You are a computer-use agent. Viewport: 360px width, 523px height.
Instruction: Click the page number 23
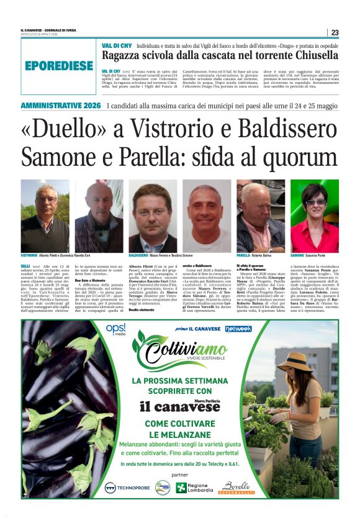coord(335,32)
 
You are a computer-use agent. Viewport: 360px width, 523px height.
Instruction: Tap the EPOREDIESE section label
coord(60,65)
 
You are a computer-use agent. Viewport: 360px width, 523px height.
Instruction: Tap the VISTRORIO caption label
coord(29,255)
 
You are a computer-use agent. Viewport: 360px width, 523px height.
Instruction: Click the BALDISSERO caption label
coord(138,255)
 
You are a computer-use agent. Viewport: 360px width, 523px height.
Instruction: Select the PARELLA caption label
coord(243,255)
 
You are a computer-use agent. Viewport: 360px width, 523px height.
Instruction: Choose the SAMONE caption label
coord(297,255)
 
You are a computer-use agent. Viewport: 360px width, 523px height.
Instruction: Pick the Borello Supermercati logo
coord(237,488)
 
